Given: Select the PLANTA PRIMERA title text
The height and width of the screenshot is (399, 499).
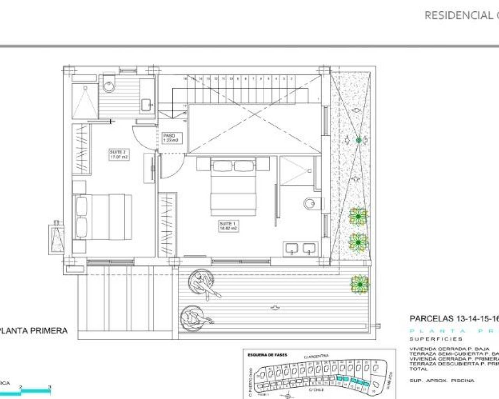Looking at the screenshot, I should tap(34, 331).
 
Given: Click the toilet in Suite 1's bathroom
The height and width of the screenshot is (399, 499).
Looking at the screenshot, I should tap(312, 203).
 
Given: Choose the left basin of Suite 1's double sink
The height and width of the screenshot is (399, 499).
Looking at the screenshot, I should tap(291, 248).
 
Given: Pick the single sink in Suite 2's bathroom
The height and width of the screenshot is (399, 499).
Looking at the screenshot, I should tap(146, 104).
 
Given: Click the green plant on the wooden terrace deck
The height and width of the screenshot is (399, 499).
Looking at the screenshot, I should tap(359, 284).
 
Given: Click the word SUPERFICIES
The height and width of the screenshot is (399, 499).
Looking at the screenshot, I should tap(435, 339).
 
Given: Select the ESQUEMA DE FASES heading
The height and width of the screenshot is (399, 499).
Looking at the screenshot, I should tap(267, 355).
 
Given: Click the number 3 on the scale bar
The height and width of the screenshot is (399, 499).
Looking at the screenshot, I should tap(50, 387).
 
